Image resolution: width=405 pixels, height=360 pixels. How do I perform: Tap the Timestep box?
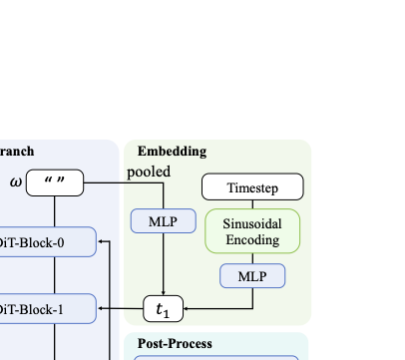click(252, 186)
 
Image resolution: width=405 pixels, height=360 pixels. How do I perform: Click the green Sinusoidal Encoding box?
click(252, 232)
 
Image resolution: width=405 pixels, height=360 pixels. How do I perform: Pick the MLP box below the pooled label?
click(163, 221)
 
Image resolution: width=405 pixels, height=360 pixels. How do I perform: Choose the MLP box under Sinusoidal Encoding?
click(252, 275)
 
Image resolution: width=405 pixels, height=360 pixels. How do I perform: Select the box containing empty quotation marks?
click(56, 182)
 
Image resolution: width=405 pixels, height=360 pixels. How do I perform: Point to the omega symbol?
click(16, 181)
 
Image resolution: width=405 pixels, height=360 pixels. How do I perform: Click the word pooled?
click(149, 172)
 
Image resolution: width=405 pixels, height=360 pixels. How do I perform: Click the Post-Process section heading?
click(175, 344)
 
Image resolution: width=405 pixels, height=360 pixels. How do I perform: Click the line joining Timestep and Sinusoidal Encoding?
click(252, 202)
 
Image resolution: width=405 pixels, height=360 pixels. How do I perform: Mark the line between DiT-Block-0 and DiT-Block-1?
click(55, 275)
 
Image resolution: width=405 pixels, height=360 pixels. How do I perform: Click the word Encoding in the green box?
click(252, 240)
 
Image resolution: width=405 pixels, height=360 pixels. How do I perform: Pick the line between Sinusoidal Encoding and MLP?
click(252, 258)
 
